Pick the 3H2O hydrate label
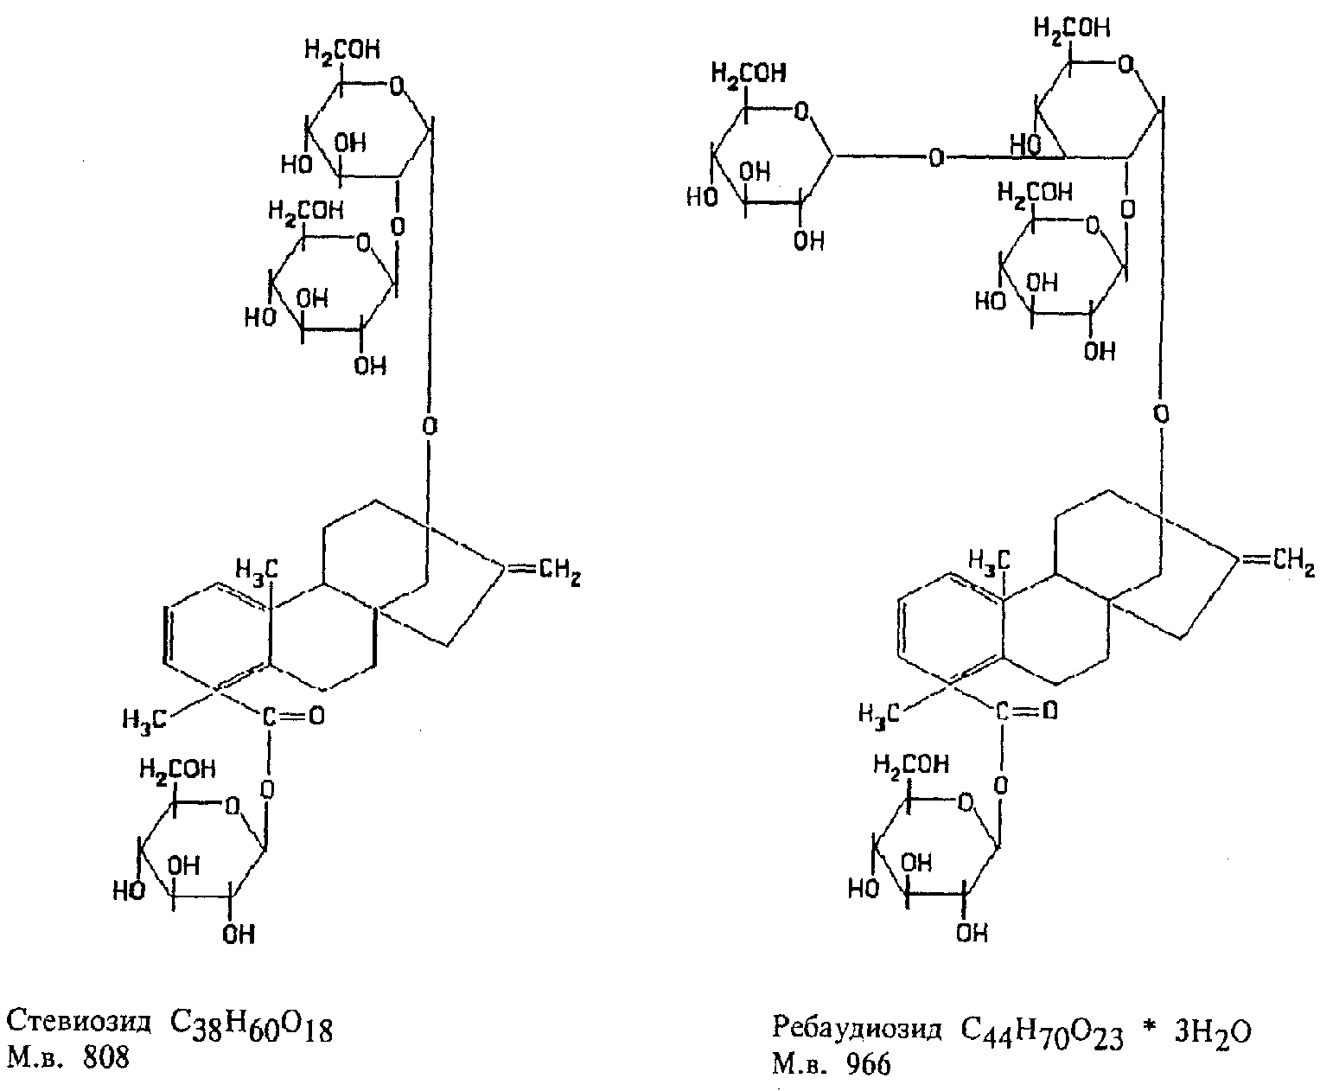click(x=1211, y=1032)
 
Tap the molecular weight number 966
click(x=865, y=1064)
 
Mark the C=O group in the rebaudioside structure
click(x=1027, y=711)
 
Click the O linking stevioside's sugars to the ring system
click(x=430, y=425)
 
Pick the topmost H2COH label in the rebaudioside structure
click(x=1073, y=30)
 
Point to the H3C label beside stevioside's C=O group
click(x=143, y=718)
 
